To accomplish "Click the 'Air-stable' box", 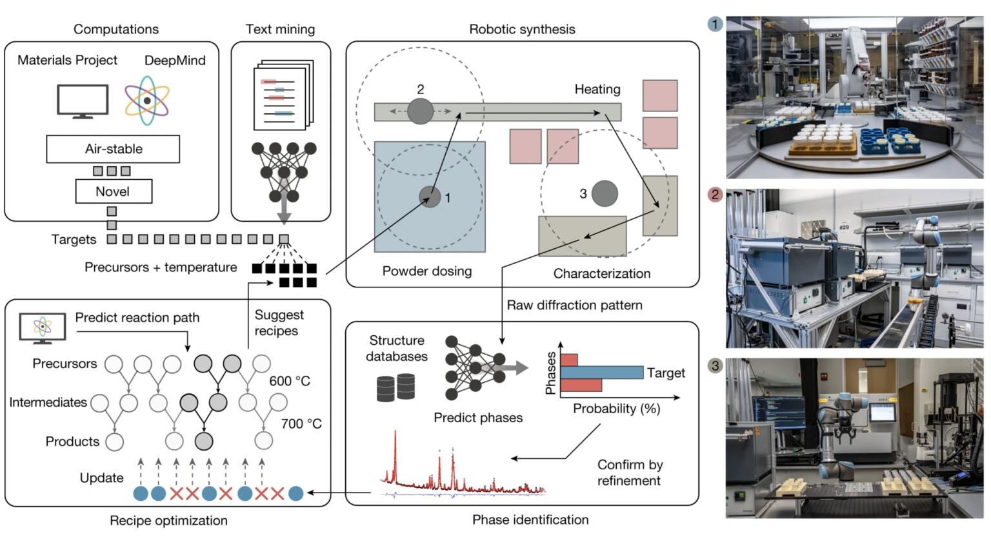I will (x=113, y=149).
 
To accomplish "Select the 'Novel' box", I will (x=113, y=191).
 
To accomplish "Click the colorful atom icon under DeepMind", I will (x=147, y=100).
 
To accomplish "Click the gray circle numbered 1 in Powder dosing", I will (x=430, y=197).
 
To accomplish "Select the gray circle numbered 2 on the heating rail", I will (x=420, y=111).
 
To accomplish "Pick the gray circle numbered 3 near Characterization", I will (x=605, y=193).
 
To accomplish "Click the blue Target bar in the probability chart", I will (x=601, y=373).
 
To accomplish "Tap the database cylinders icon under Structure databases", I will (x=395, y=387).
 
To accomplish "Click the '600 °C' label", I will (x=290, y=381).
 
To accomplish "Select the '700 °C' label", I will (x=301, y=423).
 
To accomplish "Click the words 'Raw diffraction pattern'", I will (x=574, y=305).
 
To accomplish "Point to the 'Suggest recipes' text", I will (x=278, y=322).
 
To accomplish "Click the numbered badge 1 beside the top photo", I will (x=715, y=24).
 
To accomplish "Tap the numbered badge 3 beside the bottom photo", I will (x=715, y=365).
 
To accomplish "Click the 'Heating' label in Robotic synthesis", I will (x=597, y=89).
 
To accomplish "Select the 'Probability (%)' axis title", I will (x=616, y=409).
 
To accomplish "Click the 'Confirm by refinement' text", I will (x=629, y=472).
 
